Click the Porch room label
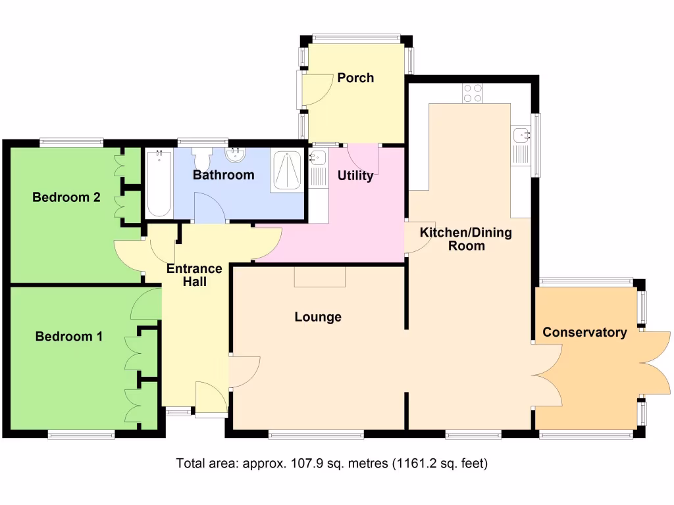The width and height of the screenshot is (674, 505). [355, 78]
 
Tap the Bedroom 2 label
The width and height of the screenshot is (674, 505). [66, 197]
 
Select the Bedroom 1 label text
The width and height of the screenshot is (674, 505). [69, 337]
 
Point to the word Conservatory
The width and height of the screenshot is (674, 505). [584, 333]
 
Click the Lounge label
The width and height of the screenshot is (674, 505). [318, 317]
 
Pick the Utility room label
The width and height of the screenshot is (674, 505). [355, 176]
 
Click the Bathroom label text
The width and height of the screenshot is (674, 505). [224, 175]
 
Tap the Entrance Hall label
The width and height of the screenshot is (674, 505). [195, 275]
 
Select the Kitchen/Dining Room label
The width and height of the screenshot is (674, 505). [466, 239]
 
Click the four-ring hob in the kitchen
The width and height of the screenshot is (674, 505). [473, 93]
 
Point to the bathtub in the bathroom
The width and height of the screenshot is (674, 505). [159, 184]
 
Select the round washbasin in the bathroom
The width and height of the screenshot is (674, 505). [235, 155]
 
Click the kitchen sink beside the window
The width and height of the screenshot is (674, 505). [521, 135]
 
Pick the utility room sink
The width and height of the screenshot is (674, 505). [319, 158]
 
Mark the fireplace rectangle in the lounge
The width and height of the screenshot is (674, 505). [320, 277]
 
